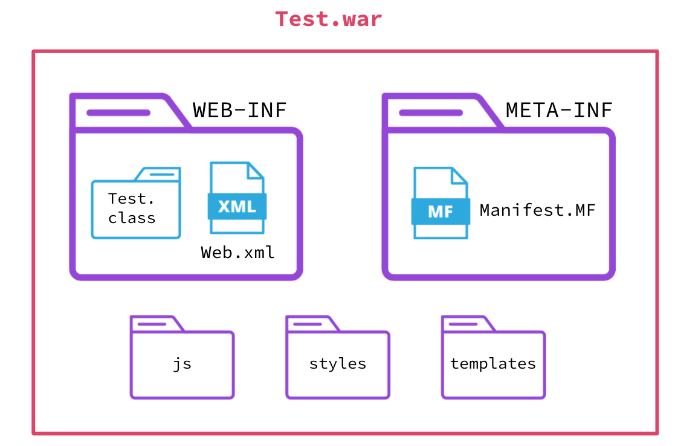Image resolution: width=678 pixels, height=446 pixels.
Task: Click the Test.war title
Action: click(x=329, y=19)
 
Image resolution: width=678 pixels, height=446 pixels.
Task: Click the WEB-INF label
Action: click(x=240, y=111)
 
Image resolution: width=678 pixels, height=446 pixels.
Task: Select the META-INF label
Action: click(x=559, y=111)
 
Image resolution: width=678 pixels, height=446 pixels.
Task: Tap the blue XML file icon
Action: click(x=237, y=198)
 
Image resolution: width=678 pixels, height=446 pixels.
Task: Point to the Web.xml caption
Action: click(x=238, y=253)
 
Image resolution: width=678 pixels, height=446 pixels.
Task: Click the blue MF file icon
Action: click(x=441, y=203)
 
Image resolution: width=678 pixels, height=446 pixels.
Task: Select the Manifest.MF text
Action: click(x=537, y=210)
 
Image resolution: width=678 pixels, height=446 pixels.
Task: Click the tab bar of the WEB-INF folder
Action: click(x=118, y=112)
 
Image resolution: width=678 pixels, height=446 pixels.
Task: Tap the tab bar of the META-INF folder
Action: click(x=431, y=112)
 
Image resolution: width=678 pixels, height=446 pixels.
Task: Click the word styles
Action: click(x=338, y=364)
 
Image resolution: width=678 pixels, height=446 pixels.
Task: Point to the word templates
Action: click(x=493, y=364)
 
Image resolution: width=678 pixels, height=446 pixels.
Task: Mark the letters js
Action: click(x=182, y=364)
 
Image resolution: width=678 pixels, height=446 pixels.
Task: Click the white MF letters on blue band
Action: click(x=441, y=212)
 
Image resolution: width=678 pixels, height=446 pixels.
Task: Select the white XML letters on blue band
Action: click(x=237, y=207)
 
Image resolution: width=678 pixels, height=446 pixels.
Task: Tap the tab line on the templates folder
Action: click(x=463, y=325)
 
